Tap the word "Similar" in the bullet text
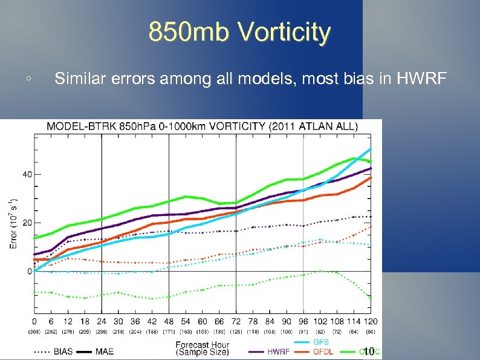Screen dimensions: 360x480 click(78, 78)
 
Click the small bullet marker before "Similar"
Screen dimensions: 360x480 click(28, 79)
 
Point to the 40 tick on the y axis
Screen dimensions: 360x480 click(27, 174)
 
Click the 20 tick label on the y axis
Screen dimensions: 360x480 click(27, 223)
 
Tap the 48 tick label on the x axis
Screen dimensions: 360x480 click(168, 321)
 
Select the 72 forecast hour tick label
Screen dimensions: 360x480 click(235, 321)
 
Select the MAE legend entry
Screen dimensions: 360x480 click(103, 351)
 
